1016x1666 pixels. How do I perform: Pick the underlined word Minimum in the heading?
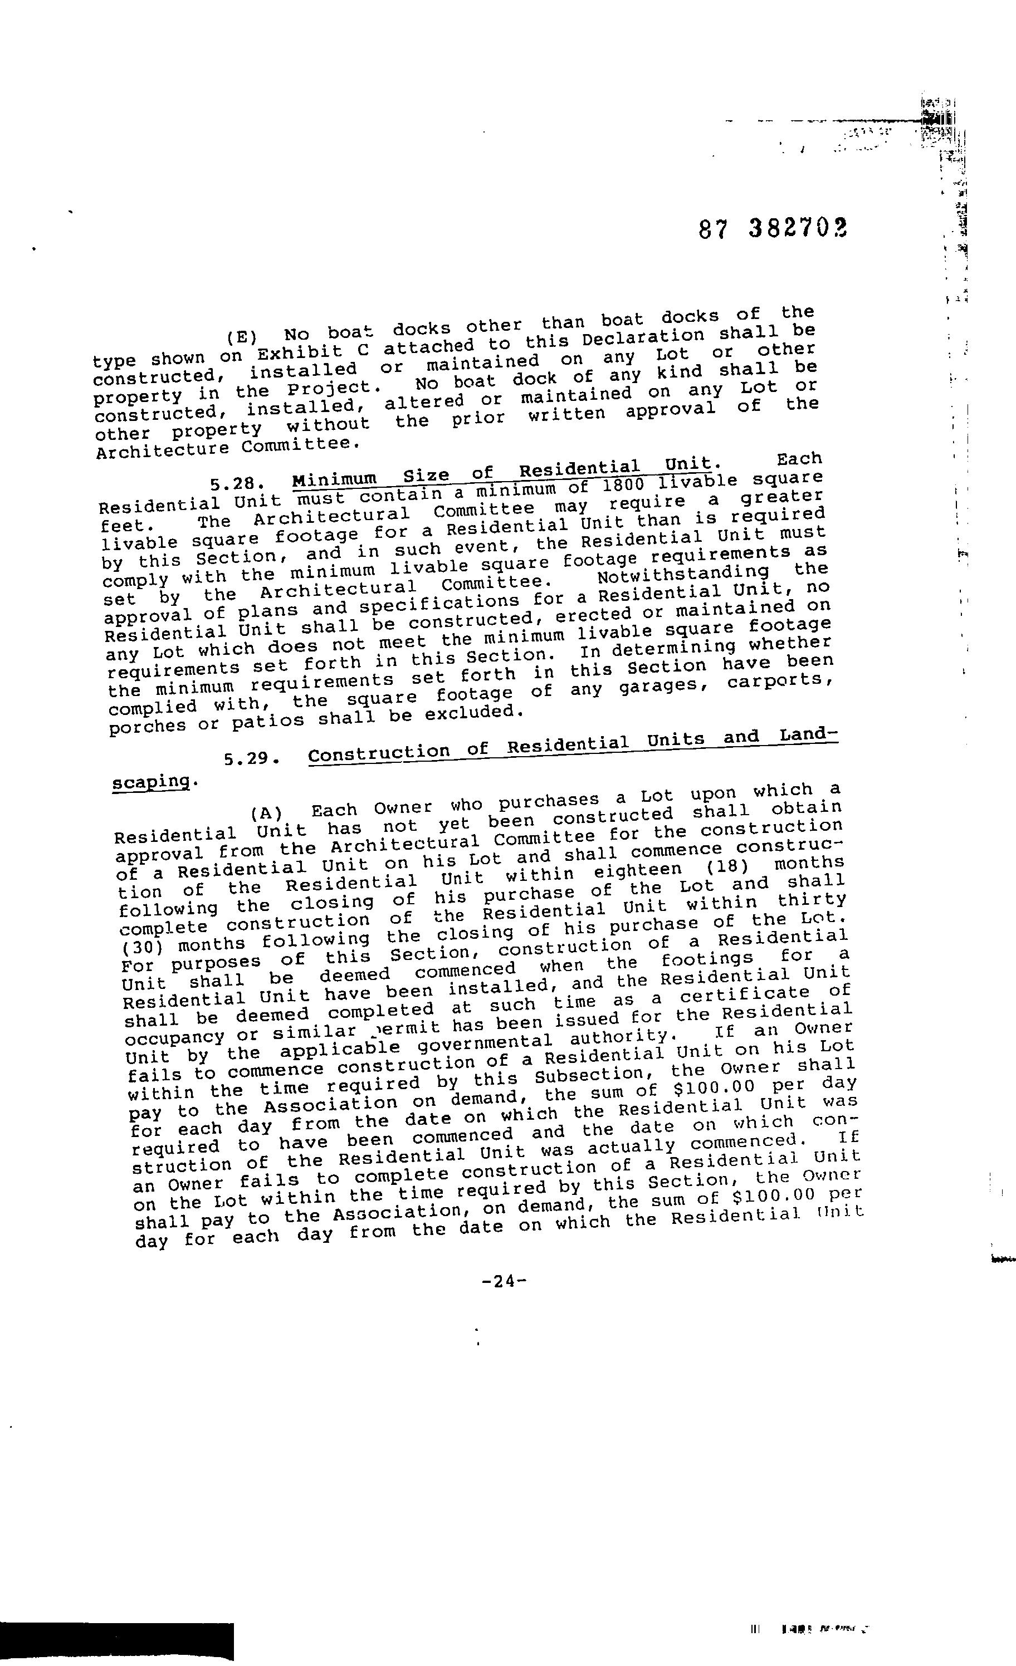click(334, 479)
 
